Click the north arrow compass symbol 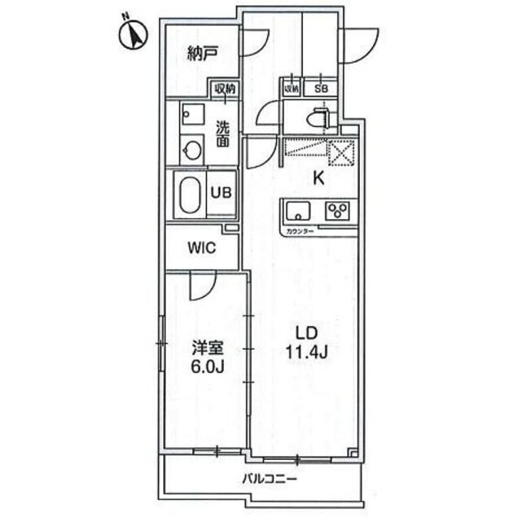coord(132,34)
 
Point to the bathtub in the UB coord(189,195)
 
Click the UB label coord(222,193)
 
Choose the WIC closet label coord(201,248)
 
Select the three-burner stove coord(336,210)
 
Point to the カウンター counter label coord(300,231)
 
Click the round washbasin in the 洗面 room coord(192,149)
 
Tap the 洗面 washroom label coord(222,134)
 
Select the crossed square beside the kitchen coord(340,152)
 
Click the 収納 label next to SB coord(292,87)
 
